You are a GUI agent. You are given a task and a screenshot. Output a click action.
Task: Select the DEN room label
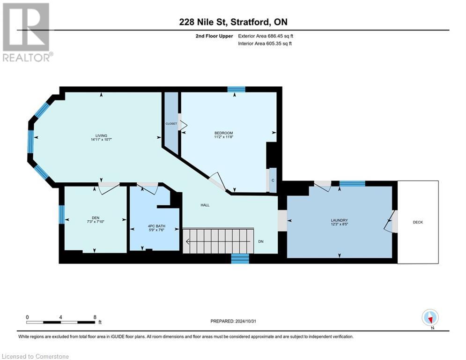pos(96,217)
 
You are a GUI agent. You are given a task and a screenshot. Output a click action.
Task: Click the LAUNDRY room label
pos(340,220)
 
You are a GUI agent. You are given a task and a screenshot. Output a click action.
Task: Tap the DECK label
pos(418,222)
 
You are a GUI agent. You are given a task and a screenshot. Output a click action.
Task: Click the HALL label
pos(205,205)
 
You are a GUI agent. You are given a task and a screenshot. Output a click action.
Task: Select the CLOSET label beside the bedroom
pos(171,124)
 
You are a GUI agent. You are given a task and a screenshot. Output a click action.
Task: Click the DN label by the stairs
pos(261,242)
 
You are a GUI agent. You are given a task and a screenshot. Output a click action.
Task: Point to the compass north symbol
pos(430,317)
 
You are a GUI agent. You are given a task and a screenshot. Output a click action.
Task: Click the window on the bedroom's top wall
pos(236,89)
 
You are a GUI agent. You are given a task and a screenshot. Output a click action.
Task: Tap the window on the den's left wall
pos(61,215)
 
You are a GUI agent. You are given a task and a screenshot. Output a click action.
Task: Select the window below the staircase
pos(240,258)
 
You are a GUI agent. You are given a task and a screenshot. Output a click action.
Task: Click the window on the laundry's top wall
pos(352,183)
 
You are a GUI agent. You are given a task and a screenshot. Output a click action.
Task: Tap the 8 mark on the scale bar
pos(95,317)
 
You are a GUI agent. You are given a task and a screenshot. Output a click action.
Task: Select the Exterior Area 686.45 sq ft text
pos(266,36)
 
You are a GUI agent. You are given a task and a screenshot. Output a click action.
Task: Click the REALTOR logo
pos(26,32)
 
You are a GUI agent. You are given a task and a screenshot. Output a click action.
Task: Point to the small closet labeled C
pos(272,180)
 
